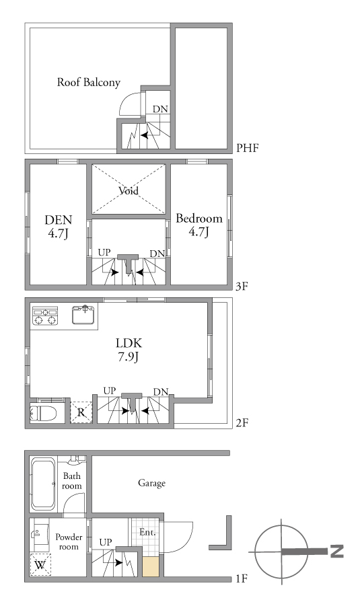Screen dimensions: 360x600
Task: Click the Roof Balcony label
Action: tap(88, 82)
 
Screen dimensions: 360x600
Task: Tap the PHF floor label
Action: tap(248, 148)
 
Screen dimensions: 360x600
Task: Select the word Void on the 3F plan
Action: tap(129, 190)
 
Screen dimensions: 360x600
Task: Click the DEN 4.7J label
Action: tap(59, 227)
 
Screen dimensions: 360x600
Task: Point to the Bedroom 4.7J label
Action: tap(199, 225)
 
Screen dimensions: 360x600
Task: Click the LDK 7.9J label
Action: tap(129, 349)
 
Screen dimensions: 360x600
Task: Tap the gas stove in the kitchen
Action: tap(45, 315)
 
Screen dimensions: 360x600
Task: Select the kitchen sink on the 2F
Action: tap(83, 315)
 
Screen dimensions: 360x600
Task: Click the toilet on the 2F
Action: tap(43, 413)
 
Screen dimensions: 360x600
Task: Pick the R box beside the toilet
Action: tap(81, 412)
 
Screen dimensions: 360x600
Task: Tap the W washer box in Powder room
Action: tap(40, 564)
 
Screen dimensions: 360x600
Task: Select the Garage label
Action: tap(151, 483)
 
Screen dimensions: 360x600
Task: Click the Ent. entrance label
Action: tap(147, 532)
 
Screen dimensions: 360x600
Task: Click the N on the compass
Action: tap(336, 551)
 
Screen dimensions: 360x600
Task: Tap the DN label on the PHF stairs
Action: tap(160, 109)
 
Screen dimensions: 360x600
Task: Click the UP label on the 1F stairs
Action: tap(106, 542)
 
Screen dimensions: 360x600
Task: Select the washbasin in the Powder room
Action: tap(40, 533)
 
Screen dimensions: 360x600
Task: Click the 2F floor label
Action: tap(242, 423)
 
